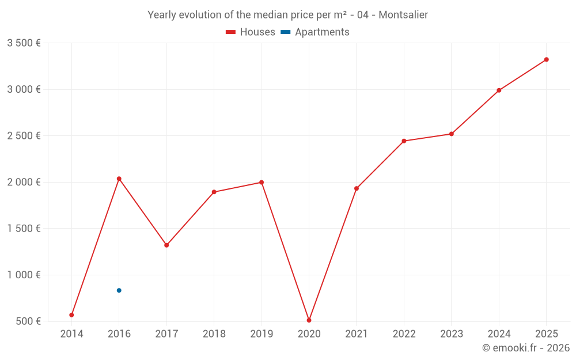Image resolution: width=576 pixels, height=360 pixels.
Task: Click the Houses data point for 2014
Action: [71, 315]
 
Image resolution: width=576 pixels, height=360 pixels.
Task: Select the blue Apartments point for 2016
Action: [119, 290]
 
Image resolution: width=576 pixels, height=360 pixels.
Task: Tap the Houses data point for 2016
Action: [119, 179]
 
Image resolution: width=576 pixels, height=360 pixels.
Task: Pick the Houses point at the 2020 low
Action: [309, 320]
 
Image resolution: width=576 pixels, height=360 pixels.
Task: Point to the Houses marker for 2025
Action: [546, 59]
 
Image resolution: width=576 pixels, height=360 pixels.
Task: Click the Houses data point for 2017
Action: [166, 245]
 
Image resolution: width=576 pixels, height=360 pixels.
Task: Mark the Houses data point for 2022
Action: [404, 141]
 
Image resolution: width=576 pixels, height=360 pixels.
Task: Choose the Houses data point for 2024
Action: [499, 90]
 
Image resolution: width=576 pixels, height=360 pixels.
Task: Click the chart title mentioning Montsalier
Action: [288, 15]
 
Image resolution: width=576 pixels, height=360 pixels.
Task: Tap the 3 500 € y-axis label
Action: [24, 43]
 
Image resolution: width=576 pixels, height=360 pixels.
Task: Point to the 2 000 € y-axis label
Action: [24, 182]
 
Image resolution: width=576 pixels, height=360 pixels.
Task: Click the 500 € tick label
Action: [28, 321]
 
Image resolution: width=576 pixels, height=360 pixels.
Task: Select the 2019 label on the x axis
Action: [262, 334]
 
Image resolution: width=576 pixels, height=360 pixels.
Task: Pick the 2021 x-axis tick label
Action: [357, 334]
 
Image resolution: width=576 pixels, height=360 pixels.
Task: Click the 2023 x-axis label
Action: [451, 334]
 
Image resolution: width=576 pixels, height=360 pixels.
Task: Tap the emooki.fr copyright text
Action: [526, 348]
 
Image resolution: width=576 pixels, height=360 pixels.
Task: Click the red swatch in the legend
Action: [230, 32]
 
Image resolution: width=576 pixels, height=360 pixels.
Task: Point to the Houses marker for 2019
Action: [262, 183]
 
